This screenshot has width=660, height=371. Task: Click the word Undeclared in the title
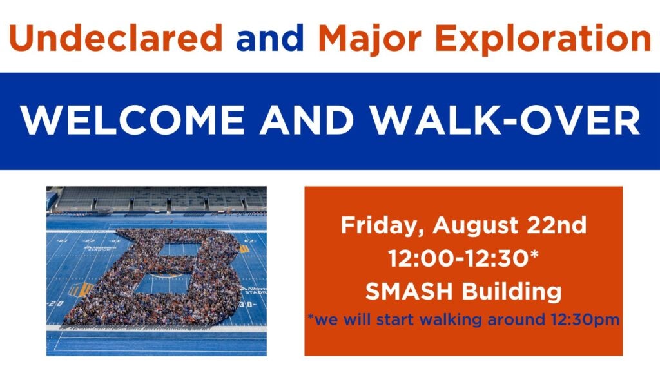(116, 38)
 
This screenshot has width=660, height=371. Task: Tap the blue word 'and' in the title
(270, 38)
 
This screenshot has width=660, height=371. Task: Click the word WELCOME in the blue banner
(133, 120)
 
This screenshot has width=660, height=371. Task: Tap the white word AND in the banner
(306, 120)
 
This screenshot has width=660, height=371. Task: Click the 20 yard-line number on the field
(55, 303)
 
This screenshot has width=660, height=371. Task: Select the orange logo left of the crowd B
(80, 289)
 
